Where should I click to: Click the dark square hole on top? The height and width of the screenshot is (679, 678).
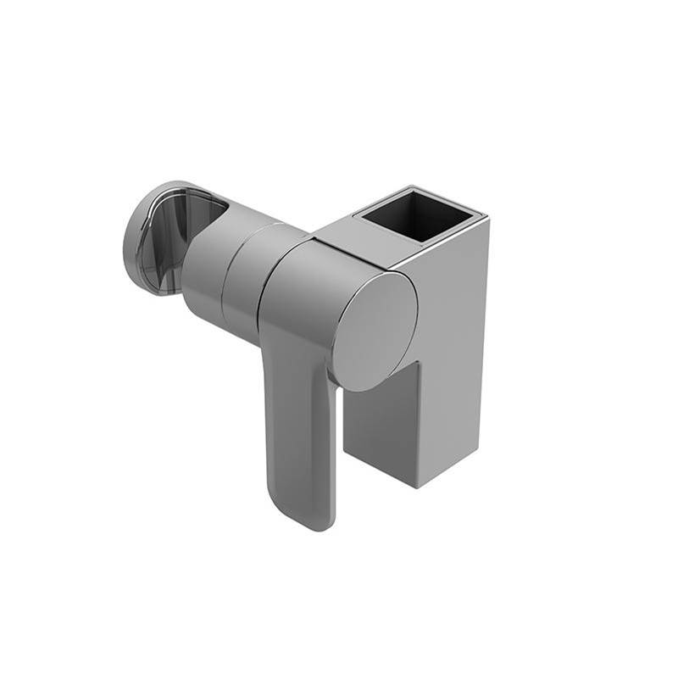pyautogui.click(x=417, y=215)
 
